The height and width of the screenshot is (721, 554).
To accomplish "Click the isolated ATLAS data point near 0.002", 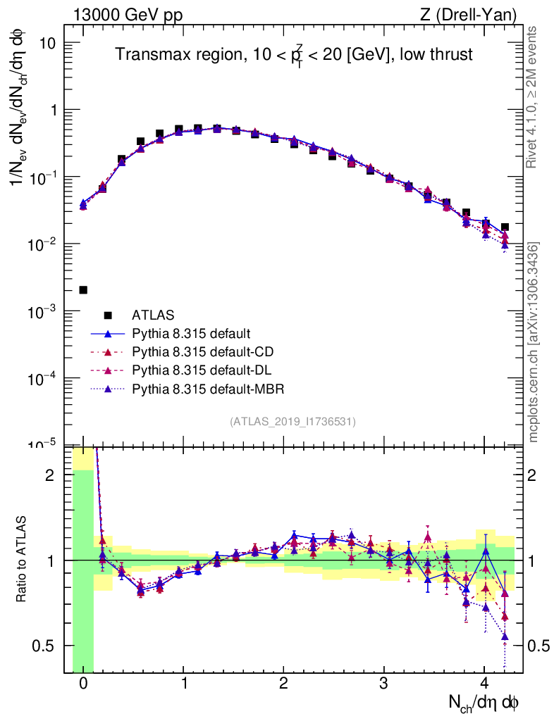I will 83,290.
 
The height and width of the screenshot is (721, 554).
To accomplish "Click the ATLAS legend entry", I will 152,315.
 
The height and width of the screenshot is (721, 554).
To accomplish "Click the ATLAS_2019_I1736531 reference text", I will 293,422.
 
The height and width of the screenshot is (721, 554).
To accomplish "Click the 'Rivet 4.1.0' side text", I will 533,98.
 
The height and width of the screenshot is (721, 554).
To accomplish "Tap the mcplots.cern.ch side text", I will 534,343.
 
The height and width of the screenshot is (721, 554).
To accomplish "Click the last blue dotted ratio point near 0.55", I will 505,637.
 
